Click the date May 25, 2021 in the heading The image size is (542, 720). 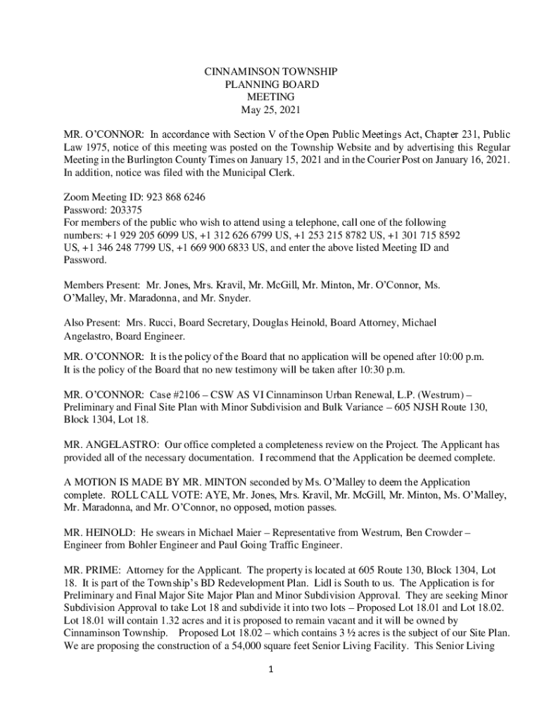(x=270, y=110)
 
